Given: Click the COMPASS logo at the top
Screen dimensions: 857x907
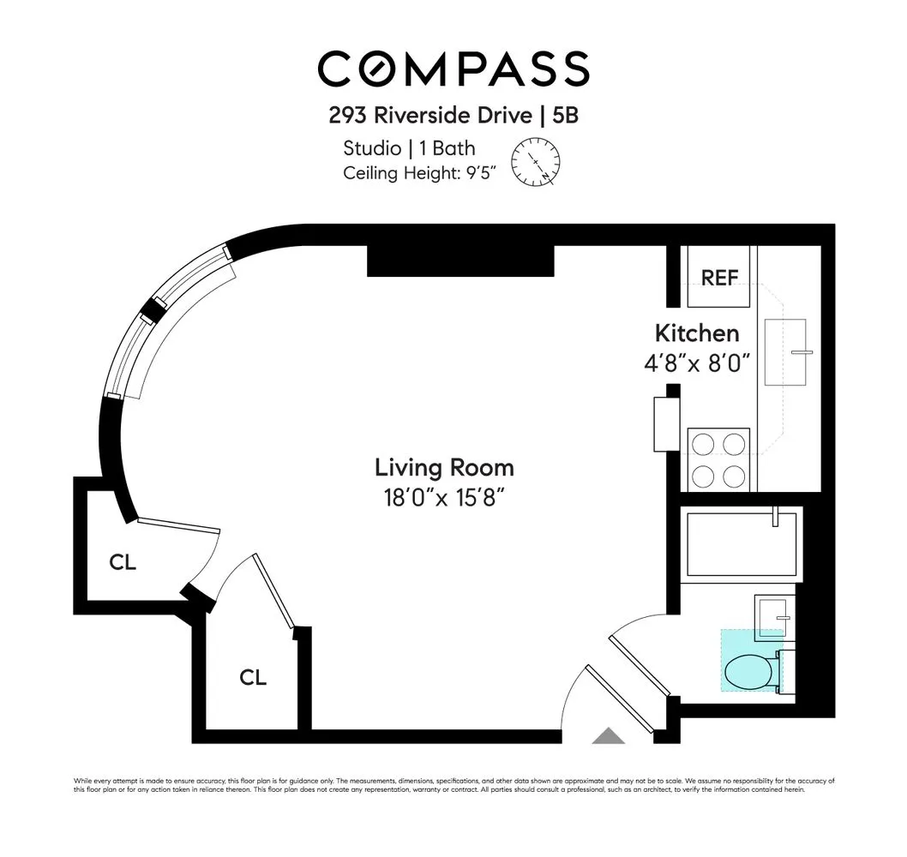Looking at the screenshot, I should click(453, 69).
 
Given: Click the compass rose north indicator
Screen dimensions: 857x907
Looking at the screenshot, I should click(537, 161).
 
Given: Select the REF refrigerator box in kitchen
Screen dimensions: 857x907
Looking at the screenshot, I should click(719, 277).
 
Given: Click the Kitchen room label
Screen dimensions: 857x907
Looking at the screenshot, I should click(696, 333).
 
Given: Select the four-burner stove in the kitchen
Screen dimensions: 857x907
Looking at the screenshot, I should click(718, 459).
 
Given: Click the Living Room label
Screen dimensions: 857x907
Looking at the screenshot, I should click(444, 468).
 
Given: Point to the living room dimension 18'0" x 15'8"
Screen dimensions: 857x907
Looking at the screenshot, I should click(444, 498).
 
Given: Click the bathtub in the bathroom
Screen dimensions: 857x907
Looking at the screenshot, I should click(742, 544).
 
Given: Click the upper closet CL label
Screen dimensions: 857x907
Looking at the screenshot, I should click(123, 563).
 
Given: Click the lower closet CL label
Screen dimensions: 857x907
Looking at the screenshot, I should click(252, 677).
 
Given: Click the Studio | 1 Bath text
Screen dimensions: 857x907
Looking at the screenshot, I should click(409, 148).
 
